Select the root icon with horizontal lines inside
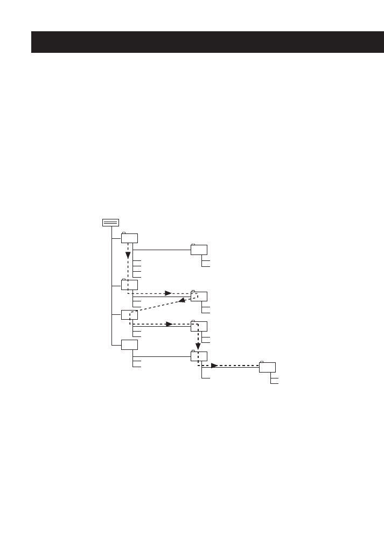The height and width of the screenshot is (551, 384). click(x=110, y=223)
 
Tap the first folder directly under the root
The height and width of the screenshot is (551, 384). click(x=129, y=238)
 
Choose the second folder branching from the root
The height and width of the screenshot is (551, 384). click(x=129, y=285)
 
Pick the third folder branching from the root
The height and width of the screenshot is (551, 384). click(x=129, y=315)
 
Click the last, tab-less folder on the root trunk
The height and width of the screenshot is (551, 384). click(x=129, y=345)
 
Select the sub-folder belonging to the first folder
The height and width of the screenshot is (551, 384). click(x=199, y=250)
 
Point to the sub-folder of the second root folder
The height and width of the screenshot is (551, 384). click(x=199, y=297)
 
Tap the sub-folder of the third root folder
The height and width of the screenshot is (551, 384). click(x=199, y=326)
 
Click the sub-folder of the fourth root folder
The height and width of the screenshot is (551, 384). click(x=199, y=356)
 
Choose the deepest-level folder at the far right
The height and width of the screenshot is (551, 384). click(x=267, y=368)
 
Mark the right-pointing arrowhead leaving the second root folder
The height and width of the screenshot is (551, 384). click(x=168, y=293)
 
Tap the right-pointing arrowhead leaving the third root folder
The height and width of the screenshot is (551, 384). click(x=168, y=324)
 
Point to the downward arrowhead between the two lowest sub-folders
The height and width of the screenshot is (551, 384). click(x=198, y=345)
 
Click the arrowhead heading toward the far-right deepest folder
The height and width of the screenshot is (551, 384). click(x=214, y=366)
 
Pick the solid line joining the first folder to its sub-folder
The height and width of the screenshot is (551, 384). click(x=162, y=250)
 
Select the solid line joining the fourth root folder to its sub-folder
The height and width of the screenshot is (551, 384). click(x=162, y=356)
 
